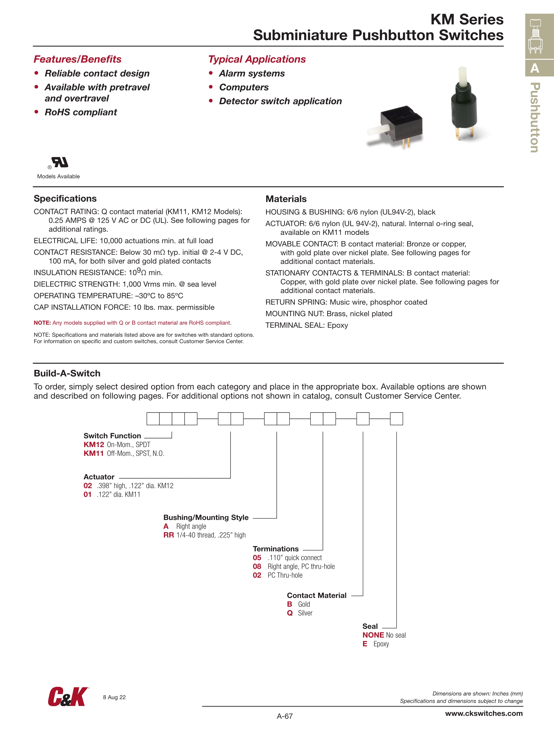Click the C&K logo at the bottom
click(x=68, y=697)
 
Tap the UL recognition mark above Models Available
click(x=60, y=162)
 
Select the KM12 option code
click(x=94, y=444)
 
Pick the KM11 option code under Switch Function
click(x=94, y=453)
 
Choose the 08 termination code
click(x=257, y=567)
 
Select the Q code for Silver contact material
click(x=290, y=613)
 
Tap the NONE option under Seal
click(x=373, y=635)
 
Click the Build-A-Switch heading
click(x=67, y=373)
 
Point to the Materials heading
click(x=286, y=199)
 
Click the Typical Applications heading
click(x=257, y=59)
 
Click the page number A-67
click(x=284, y=716)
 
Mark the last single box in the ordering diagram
click(x=396, y=419)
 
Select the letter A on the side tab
click(x=535, y=68)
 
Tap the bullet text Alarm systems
click(x=252, y=73)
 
